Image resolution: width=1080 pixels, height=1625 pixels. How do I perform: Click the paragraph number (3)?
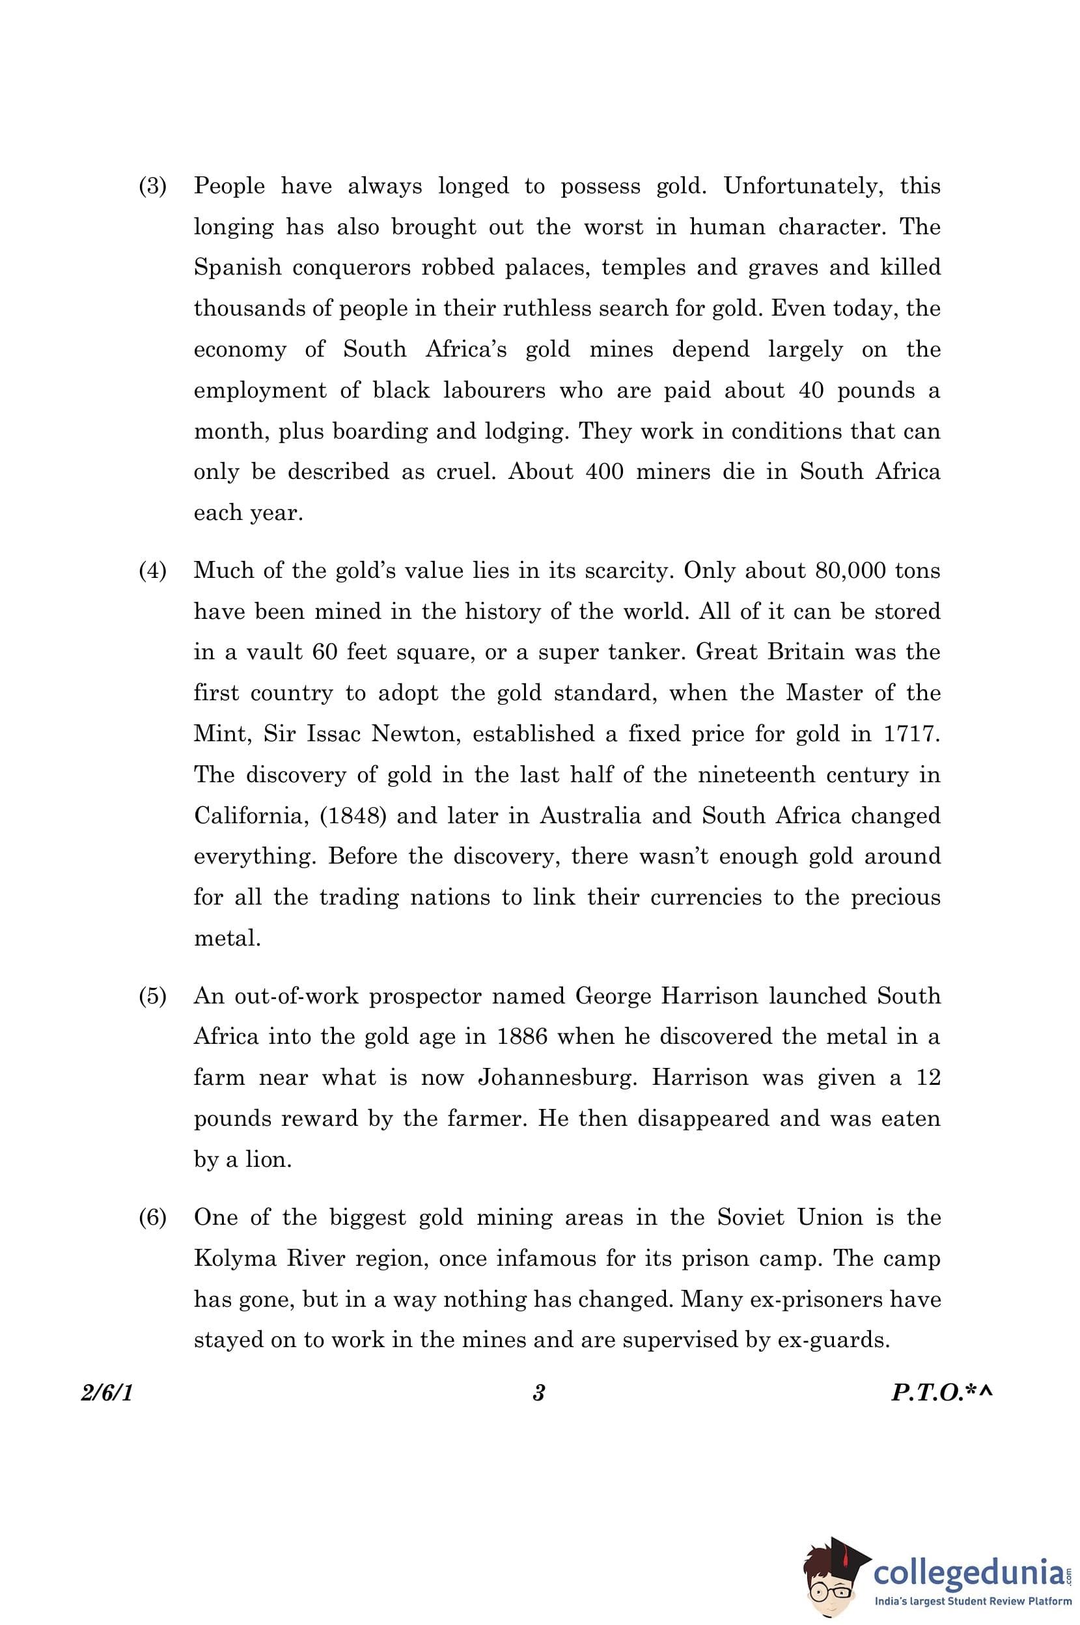tap(152, 186)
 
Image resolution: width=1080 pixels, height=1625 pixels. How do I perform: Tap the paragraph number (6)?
tap(152, 1218)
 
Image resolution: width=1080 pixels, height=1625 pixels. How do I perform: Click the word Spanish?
tap(237, 268)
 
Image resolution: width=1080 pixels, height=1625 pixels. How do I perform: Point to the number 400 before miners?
tap(604, 472)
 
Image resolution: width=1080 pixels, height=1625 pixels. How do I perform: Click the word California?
tap(249, 816)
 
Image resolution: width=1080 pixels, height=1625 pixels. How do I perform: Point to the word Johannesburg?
tap(557, 1078)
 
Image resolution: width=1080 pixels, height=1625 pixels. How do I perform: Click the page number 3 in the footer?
tap(538, 1393)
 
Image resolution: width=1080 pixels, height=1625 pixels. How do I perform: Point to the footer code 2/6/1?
tap(107, 1393)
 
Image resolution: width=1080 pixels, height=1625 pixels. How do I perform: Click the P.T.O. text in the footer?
tap(934, 1393)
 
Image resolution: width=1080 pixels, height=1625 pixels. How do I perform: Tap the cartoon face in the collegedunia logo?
tap(829, 1577)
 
